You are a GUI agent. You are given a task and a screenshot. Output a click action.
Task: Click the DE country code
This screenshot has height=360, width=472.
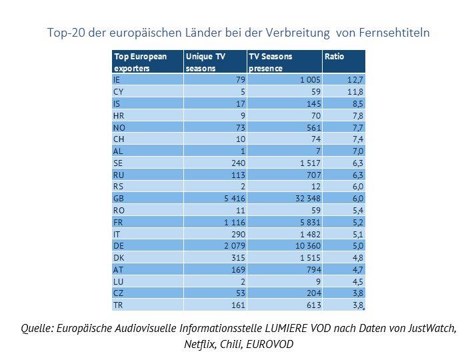119,245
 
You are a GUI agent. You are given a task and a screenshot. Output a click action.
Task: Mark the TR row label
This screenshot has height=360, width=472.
118,305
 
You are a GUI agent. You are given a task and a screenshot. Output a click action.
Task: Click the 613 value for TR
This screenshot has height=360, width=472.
311,305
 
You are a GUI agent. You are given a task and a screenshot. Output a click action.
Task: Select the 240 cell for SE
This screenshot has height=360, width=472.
238,163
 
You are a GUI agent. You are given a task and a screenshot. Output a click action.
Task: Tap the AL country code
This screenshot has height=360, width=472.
118,151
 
